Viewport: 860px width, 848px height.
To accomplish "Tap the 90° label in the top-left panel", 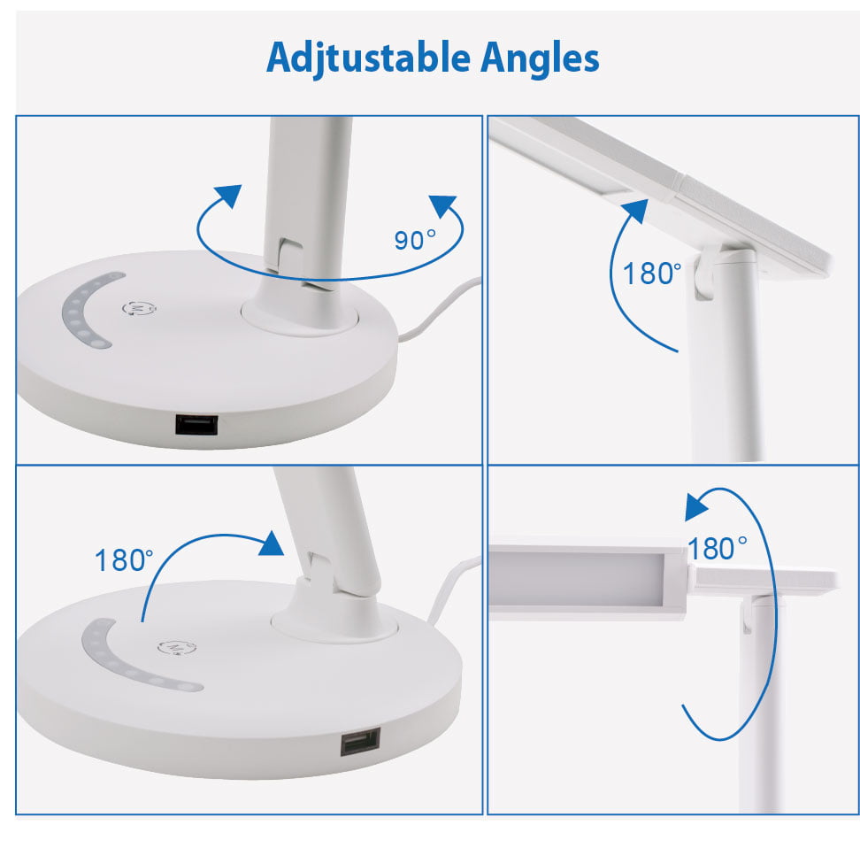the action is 415,241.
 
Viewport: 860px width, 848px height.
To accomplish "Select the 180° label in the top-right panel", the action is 652,274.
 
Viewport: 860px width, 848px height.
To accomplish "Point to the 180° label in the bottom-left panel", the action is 124,559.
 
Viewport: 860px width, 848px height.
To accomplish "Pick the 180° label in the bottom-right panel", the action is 718,548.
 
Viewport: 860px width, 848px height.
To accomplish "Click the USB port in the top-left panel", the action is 196,425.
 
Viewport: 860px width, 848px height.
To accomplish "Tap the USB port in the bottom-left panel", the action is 360,742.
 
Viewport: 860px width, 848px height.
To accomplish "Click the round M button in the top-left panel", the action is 139,308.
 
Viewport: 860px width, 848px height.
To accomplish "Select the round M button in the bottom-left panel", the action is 176,648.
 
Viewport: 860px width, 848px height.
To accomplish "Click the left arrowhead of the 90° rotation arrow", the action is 228,196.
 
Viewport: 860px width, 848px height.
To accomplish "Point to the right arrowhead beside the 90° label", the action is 443,206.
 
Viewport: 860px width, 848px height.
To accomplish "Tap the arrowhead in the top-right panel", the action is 635,210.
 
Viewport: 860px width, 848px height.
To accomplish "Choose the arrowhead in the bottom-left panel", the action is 272,543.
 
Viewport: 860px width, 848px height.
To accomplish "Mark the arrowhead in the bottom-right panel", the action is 696,506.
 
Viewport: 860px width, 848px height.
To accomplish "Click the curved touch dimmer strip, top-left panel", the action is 87,311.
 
